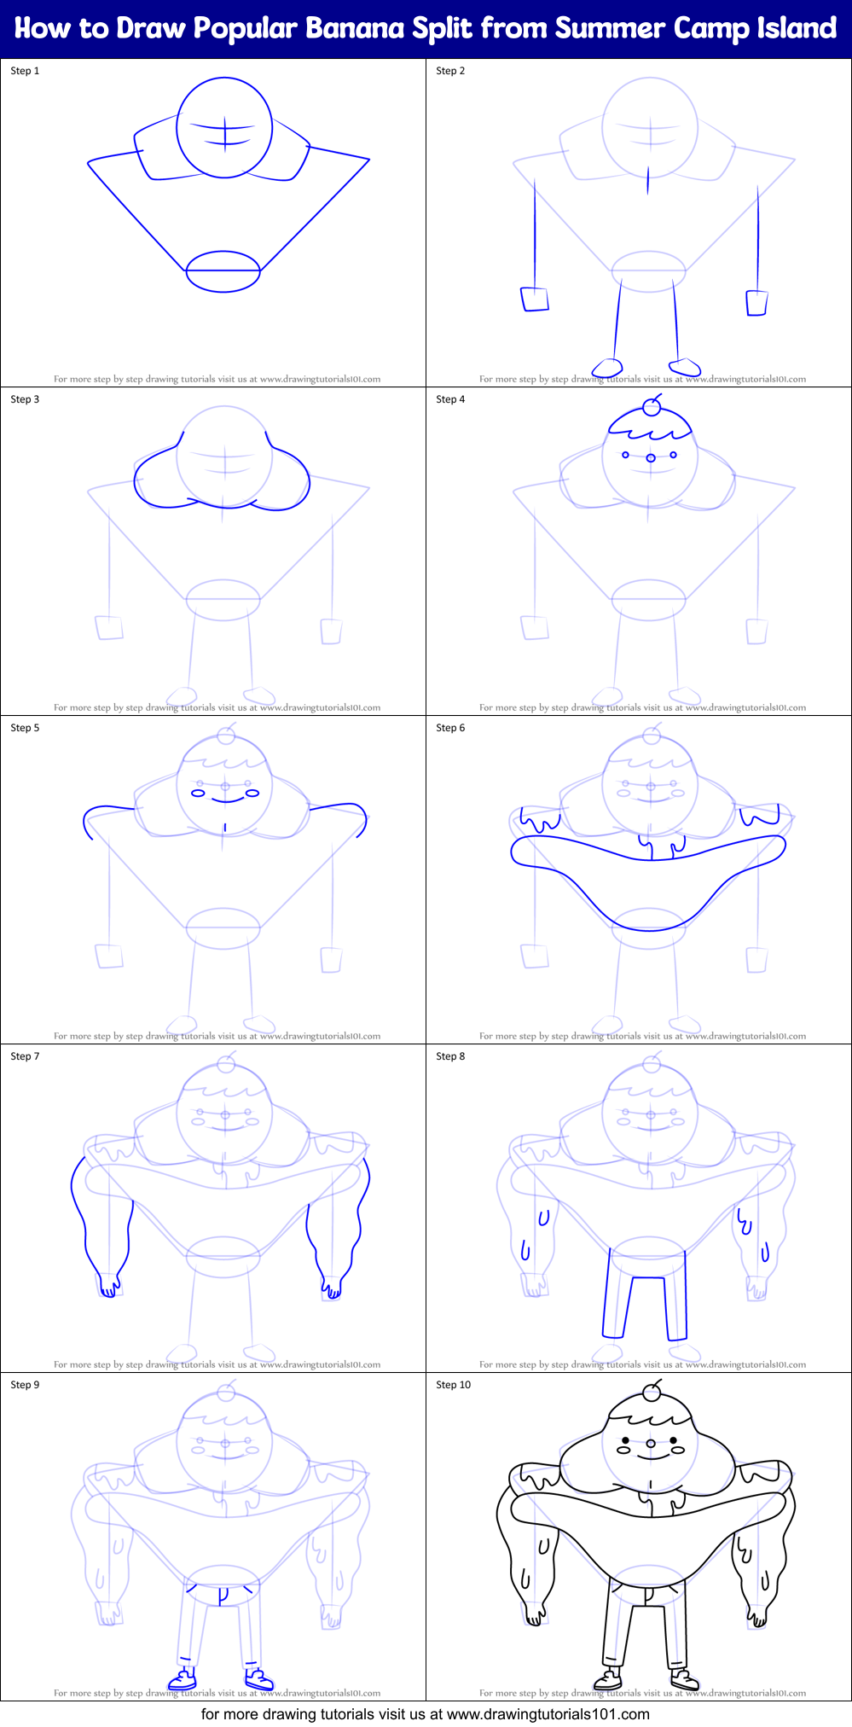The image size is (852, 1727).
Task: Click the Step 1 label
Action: pos(25,71)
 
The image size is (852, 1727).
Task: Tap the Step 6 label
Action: pos(450,728)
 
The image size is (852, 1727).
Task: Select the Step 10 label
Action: pos(453,1385)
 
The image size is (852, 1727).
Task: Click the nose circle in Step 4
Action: pos(651,458)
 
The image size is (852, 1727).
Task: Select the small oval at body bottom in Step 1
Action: pos(223,271)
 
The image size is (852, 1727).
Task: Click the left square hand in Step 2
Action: pos(535,299)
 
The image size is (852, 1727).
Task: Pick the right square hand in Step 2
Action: pos(756,303)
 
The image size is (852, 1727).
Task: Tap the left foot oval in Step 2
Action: pos(607,368)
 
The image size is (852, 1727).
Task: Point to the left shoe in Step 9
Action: pos(183,1681)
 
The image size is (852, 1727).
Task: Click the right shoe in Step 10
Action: pos(684,1681)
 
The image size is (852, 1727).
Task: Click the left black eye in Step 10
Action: pos(625,1440)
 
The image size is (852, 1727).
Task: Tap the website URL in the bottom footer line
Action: pos(548,1714)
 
